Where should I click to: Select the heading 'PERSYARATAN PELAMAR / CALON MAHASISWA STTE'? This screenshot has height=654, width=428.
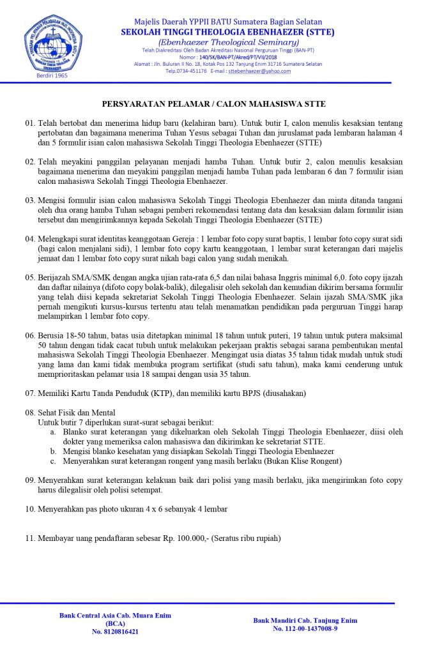point(214,103)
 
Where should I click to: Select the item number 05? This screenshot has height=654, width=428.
point(30,278)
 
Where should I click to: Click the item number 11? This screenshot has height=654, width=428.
point(30,538)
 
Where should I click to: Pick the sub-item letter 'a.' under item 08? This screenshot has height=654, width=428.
point(52,432)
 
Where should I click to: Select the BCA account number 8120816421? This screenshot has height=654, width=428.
point(115,632)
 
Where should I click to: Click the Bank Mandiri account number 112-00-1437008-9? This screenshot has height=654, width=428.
point(305,628)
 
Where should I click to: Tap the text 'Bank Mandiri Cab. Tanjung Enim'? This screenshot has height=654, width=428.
point(305,620)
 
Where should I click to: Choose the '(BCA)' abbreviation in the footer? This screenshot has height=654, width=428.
point(115,623)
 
